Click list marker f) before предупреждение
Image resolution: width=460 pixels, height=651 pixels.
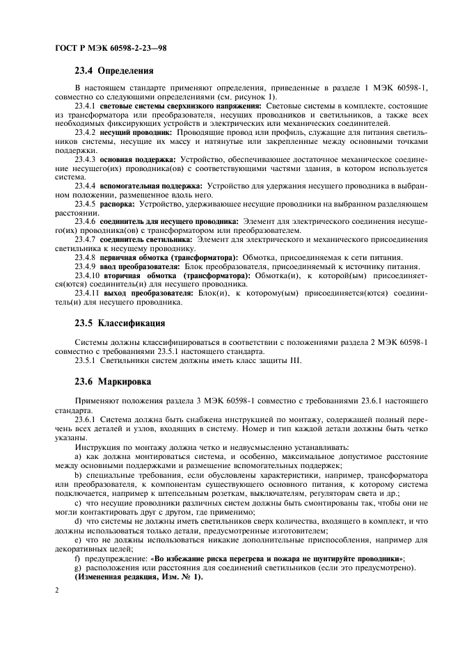click(x=77, y=558)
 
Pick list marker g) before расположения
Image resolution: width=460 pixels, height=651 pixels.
click(x=77, y=568)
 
